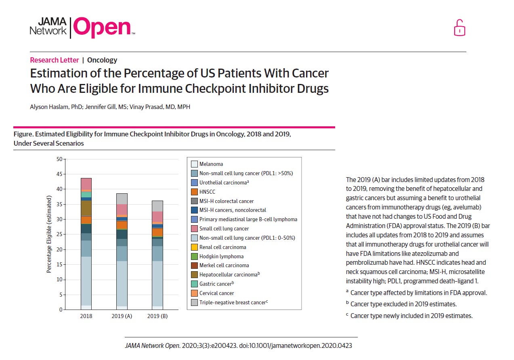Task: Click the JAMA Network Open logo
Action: pos(82,27)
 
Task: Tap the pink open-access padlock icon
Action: pos(459,28)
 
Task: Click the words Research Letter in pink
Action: pos(55,60)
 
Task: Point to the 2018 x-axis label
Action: pos(86,316)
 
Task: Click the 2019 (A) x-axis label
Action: pos(122,316)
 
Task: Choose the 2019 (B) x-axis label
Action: pos(157,316)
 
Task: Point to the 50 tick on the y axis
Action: pos(60,159)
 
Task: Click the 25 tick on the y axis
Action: pos(60,234)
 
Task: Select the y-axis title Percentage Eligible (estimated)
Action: pos(49,234)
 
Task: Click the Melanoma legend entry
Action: pos(211,164)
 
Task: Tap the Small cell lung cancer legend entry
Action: pos(224,229)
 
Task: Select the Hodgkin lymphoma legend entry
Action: pos(221,256)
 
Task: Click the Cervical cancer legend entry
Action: pos(216,293)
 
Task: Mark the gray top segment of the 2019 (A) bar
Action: pos(122,199)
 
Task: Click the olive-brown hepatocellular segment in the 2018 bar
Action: pos(86,208)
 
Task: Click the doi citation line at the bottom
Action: pos(241,345)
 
